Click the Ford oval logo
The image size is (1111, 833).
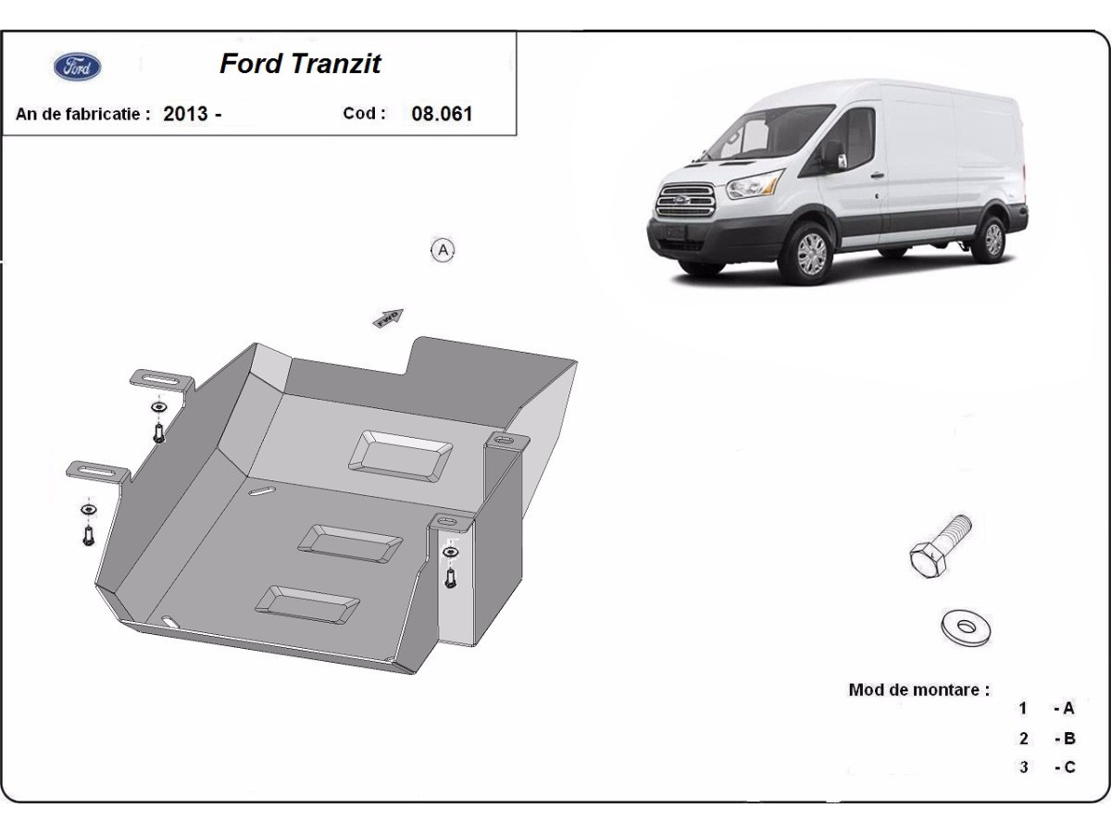click(78, 67)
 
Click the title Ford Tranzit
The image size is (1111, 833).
click(300, 64)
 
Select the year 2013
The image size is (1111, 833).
click(186, 115)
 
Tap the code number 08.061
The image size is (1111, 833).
click(442, 114)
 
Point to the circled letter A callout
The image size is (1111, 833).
click(443, 250)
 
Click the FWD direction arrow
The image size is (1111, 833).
click(389, 317)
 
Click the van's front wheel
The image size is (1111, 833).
click(810, 253)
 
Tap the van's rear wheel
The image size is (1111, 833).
click(992, 239)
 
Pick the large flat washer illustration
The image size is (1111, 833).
click(966, 627)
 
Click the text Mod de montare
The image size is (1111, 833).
click(918, 690)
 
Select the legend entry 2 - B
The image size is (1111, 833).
click(1047, 739)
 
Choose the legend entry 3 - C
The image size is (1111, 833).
click(1047, 767)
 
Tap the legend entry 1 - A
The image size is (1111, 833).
click(1047, 709)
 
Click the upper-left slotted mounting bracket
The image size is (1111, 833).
click(161, 380)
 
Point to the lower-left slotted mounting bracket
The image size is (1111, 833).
click(97, 471)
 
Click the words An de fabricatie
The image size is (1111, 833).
click(82, 115)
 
